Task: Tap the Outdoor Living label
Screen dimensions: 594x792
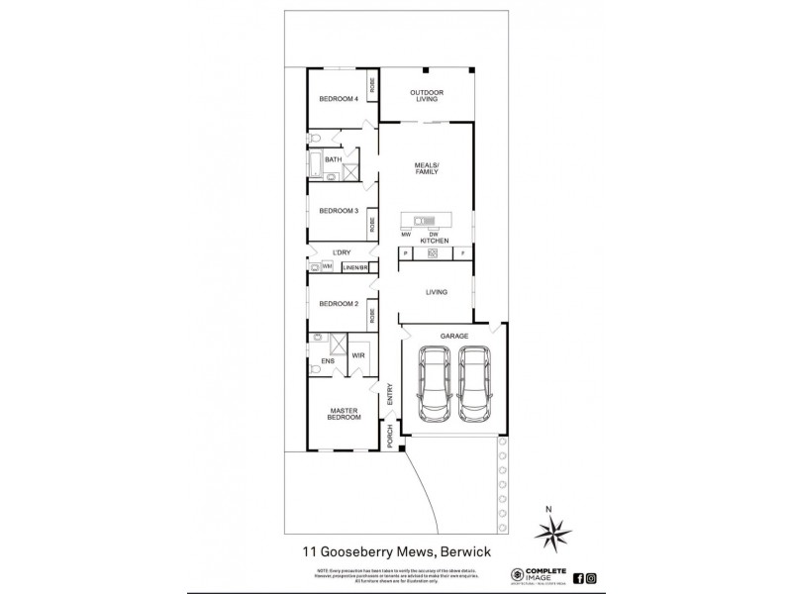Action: click(x=428, y=96)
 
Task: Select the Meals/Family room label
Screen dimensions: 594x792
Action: click(x=428, y=169)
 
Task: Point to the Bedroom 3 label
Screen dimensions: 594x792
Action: click(x=338, y=211)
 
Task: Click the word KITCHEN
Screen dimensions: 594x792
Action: click(x=435, y=242)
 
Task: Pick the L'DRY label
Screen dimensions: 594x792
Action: click(x=343, y=253)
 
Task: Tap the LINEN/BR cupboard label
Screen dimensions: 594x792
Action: click(x=355, y=267)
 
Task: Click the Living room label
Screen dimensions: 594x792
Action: click(x=437, y=292)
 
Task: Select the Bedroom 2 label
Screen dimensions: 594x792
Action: click(x=337, y=303)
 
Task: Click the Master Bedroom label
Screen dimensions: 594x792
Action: click(x=343, y=413)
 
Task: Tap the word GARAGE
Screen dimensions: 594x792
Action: click(x=454, y=336)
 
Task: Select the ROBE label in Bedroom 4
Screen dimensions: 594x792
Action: click(x=373, y=85)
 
